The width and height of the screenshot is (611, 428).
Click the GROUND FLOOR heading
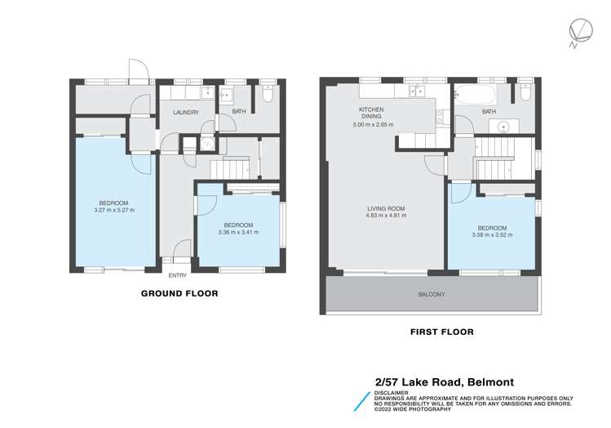click(x=179, y=293)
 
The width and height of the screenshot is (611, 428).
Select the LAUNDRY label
click(x=185, y=113)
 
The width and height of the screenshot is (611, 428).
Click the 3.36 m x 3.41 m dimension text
click(x=238, y=232)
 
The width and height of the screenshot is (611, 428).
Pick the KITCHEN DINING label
click(x=372, y=114)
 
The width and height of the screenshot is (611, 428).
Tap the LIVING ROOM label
click(x=386, y=208)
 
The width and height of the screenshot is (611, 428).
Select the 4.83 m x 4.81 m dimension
click(x=386, y=217)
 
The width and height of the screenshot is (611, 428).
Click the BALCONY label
click(x=433, y=294)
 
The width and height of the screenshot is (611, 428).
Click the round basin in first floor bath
click(x=504, y=127)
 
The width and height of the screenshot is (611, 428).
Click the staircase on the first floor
click(x=493, y=150)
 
